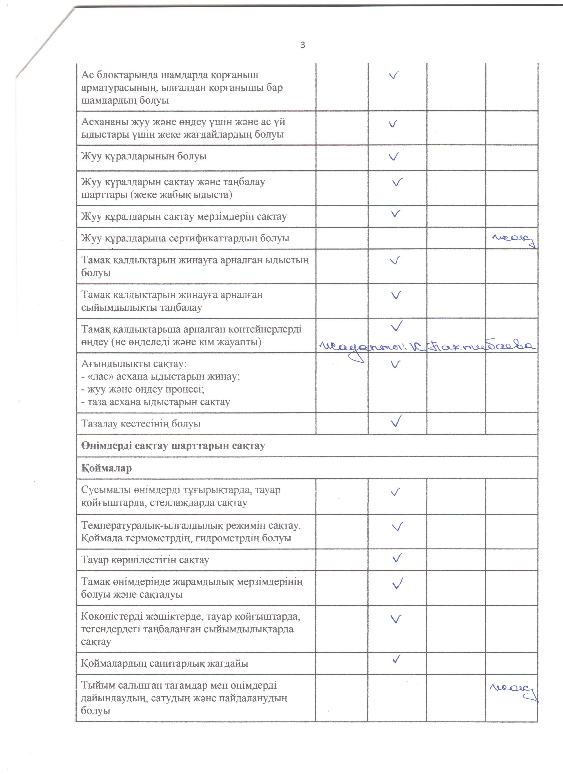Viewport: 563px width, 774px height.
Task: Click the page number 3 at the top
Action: point(302,45)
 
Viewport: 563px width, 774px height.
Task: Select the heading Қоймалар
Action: point(106,468)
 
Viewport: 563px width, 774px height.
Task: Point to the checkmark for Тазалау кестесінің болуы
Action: point(396,421)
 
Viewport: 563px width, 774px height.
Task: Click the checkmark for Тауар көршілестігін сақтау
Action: point(397,558)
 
